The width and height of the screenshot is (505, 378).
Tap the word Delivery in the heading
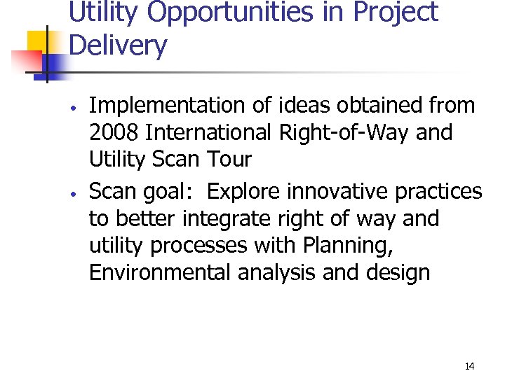(x=119, y=46)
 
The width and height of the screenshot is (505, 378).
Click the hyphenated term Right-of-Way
(x=350, y=132)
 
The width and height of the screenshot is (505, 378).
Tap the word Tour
(x=228, y=159)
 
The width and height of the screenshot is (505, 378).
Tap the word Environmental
(x=160, y=272)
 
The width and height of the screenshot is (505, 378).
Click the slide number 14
(x=469, y=366)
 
